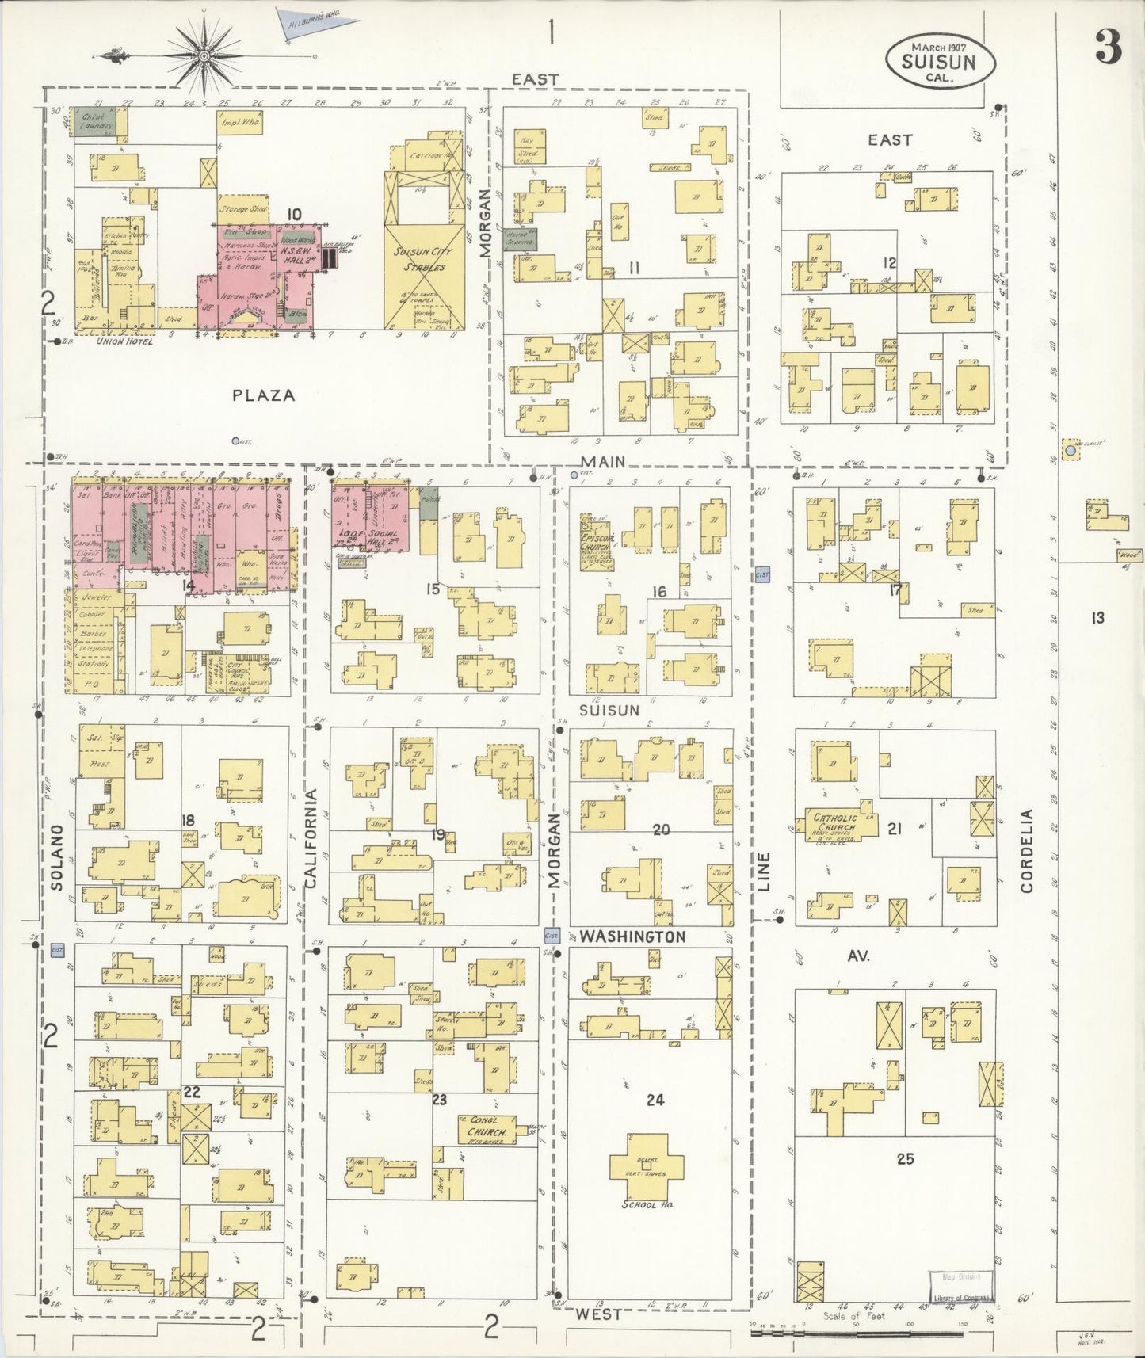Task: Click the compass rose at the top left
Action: (x=204, y=55)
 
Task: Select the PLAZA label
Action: (x=264, y=395)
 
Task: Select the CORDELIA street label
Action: (x=1027, y=850)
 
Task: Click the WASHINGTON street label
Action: (x=632, y=936)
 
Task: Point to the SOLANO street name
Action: (x=55, y=857)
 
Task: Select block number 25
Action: (x=905, y=1158)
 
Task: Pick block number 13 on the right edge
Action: (x=1097, y=618)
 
